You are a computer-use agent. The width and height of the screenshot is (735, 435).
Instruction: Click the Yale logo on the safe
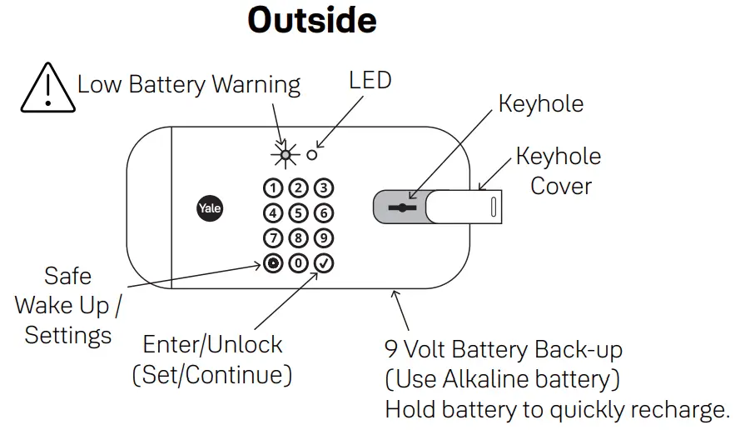(x=209, y=208)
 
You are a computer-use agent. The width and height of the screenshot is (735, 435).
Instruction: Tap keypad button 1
(x=272, y=187)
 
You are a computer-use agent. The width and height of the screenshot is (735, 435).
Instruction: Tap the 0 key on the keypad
(x=298, y=264)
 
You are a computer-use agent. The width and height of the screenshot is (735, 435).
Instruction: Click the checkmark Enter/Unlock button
(x=324, y=264)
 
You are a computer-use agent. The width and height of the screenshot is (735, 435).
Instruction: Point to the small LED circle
(x=312, y=154)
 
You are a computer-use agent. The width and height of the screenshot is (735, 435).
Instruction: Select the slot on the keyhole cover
(x=494, y=207)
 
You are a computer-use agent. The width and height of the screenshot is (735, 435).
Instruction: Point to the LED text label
(x=370, y=80)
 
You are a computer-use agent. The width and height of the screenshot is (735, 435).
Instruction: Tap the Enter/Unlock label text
(x=212, y=345)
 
